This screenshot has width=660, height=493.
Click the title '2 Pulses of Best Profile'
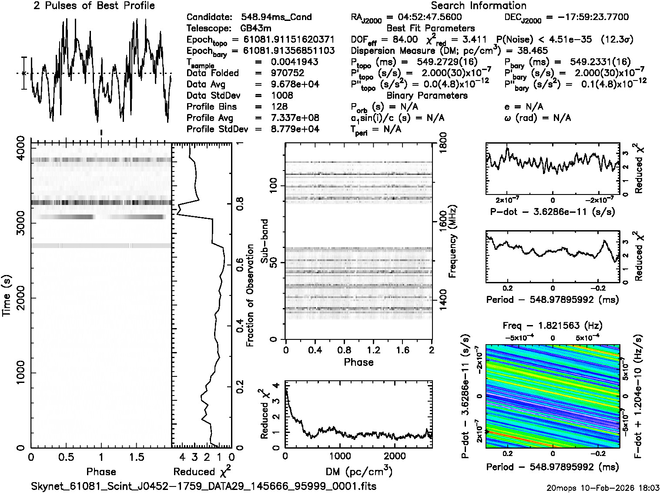point(94,6)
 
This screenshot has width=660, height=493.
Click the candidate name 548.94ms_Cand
point(276,17)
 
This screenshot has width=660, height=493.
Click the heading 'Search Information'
point(478,6)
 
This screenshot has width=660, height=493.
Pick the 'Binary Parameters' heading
point(427,95)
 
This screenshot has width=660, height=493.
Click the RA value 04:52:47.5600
point(424,17)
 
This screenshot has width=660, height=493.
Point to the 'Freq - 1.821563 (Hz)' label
point(553,325)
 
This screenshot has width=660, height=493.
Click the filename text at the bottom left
point(204,486)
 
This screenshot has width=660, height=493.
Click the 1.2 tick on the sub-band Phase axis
point(373,350)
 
